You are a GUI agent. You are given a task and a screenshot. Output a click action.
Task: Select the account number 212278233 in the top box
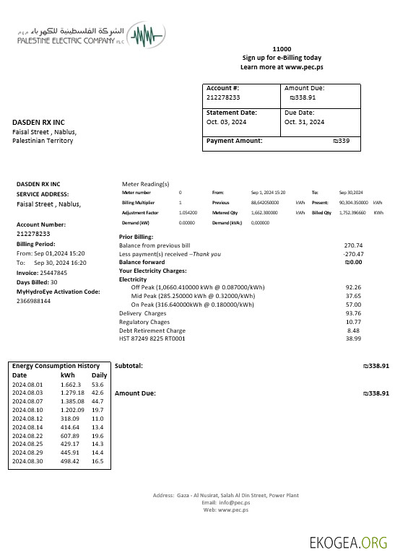223,97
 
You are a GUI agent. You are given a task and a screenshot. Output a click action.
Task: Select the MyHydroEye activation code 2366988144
33,301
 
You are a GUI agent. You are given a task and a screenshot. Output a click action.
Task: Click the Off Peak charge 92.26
353,287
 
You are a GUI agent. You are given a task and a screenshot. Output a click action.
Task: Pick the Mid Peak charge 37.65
353,296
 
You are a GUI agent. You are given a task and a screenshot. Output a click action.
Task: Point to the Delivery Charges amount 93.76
353,313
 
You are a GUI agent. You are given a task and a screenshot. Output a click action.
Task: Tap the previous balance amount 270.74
353,245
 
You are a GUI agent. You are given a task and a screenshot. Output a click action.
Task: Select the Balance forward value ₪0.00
352,262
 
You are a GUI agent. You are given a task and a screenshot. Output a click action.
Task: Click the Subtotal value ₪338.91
376,366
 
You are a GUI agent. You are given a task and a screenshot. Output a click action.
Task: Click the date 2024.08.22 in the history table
28,436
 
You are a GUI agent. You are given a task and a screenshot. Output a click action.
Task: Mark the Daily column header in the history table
99,375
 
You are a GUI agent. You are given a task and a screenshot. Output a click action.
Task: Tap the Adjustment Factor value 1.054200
188,214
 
